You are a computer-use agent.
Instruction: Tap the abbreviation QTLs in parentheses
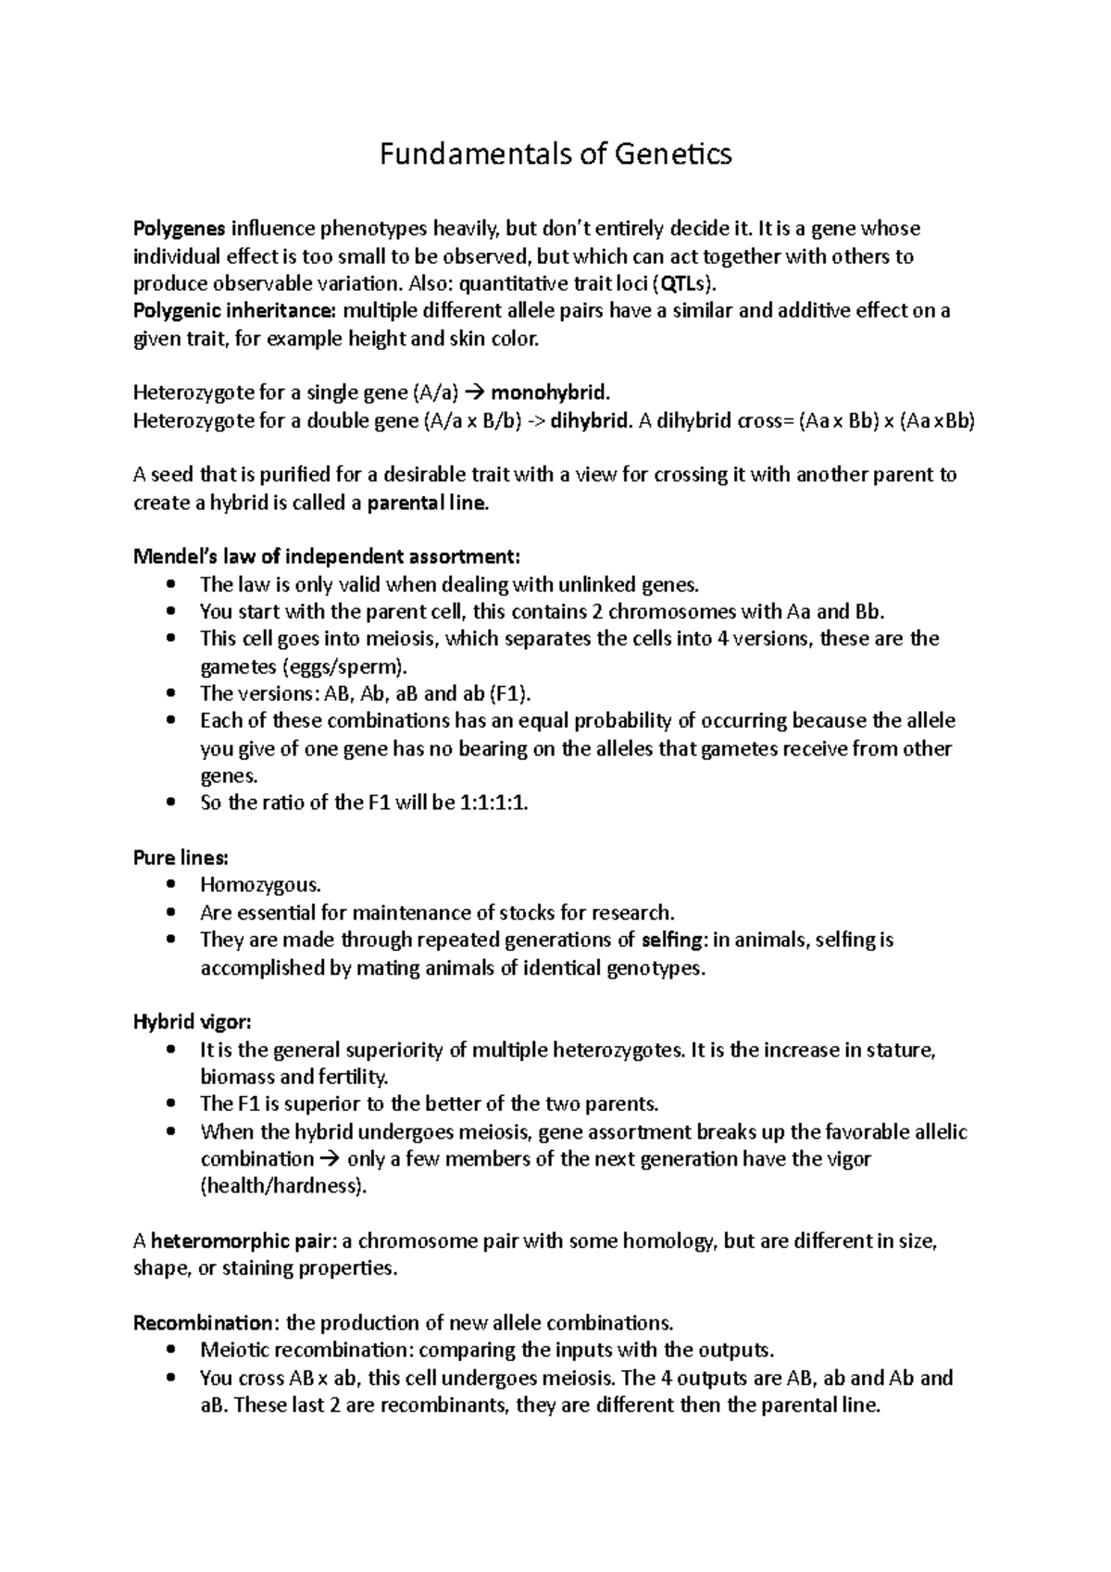coord(684,283)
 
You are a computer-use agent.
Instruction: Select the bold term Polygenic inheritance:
coord(236,311)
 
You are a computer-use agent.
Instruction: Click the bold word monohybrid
coord(550,393)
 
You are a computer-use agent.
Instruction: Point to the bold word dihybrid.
coord(591,420)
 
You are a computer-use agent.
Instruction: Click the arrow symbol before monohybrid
coord(473,393)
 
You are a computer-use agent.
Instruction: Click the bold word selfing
coord(672,941)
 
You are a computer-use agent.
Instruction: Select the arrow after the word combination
coord(330,1159)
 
